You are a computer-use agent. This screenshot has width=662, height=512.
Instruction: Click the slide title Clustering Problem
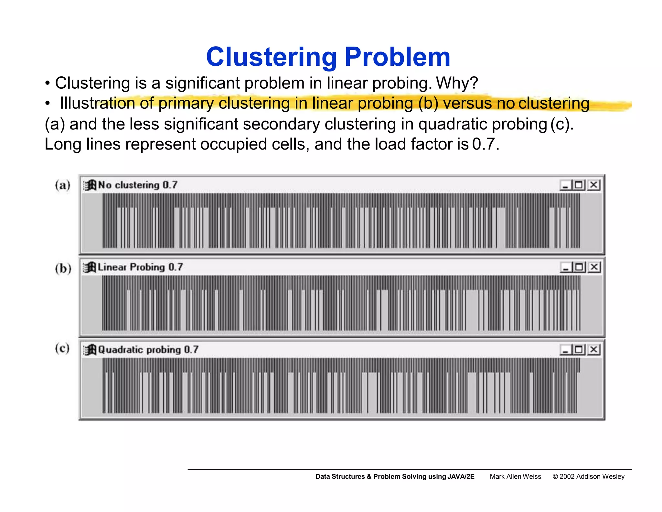tap(328, 57)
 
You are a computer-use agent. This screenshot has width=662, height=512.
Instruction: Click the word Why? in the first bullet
tap(457, 83)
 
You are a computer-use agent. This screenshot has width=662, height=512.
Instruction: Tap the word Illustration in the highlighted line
tap(97, 104)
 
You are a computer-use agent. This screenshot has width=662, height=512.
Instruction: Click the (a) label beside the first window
tap(62, 185)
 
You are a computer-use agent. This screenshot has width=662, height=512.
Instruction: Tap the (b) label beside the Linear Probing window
tap(63, 268)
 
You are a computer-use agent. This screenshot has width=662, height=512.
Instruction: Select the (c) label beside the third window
tap(62, 349)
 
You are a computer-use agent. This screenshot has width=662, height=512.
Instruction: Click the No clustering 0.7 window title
tap(138, 185)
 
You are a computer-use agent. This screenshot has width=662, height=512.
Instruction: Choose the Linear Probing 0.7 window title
tap(140, 267)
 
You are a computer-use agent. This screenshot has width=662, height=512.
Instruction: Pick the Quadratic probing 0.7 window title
tap(148, 350)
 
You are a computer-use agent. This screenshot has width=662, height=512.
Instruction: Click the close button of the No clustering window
tap(594, 185)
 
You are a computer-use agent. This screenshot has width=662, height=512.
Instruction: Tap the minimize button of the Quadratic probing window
tap(565, 350)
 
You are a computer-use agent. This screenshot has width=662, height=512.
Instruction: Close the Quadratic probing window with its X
tap(594, 350)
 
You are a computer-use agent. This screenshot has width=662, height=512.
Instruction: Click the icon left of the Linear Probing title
tap(90, 267)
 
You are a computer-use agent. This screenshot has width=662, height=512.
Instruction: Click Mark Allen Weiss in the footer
tap(515, 476)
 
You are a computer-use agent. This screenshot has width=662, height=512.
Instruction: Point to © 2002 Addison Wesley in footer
tap(588, 476)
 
